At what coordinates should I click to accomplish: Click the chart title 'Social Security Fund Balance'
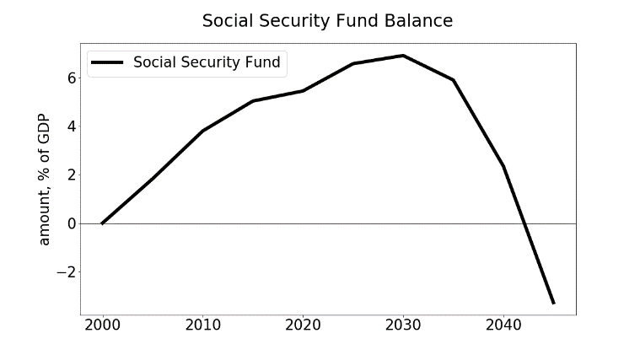327,21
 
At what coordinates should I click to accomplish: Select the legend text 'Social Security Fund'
207,62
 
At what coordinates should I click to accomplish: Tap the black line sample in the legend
107,62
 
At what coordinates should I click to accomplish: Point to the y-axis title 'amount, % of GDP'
44,180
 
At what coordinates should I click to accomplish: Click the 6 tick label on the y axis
72,78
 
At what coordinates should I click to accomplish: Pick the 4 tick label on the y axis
72,126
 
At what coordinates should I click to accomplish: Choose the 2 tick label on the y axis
72,175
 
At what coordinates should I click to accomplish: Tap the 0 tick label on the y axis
72,223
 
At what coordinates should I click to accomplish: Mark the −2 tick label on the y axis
67,272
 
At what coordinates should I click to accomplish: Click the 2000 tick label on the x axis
102,325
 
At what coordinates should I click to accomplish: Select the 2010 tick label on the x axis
203,325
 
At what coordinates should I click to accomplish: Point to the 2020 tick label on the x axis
303,325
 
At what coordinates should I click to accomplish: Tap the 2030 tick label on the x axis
403,325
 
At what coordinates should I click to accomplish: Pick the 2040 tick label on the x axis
503,325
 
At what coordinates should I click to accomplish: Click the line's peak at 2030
403,56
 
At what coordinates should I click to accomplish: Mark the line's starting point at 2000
102,223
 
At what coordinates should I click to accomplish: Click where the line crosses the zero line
525,223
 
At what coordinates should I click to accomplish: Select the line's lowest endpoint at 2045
553,303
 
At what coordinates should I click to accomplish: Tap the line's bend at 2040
503,167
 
